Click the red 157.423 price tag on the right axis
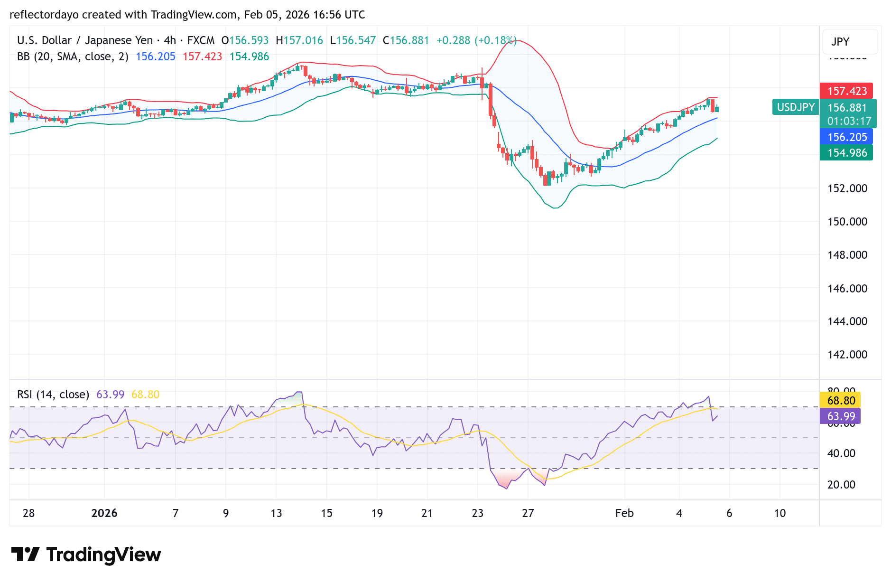click(x=846, y=91)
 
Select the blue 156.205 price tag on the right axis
click(x=846, y=137)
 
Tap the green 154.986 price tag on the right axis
click(x=846, y=152)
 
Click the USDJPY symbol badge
click(x=796, y=107)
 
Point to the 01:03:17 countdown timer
click(x=849, y=121)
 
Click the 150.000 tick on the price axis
click(x=847, y=222)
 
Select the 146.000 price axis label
click(x=847, y=288)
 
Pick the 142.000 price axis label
click(x=847, y=355)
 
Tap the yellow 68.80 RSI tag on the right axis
click(x=841, y=400)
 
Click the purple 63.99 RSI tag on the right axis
click(x=841, y=416)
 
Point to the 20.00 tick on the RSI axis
click(x=841, y=485)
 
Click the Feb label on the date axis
click(x=624, y=513)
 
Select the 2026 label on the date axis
click(x=104, y=513)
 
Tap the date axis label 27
click(x=528, y=513)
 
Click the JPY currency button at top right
click(x=840, y=42)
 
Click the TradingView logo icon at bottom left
click(x=26, y=554)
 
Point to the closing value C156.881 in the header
click(x=406, y=40)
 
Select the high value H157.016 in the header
click(x=299, y=40)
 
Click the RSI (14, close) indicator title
click(x=53, y=395)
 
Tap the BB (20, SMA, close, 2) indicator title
click(x=73, y=56)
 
